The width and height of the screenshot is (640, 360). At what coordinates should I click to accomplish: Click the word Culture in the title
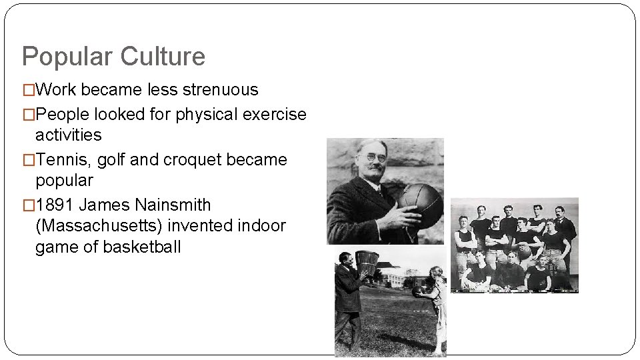[163, 57]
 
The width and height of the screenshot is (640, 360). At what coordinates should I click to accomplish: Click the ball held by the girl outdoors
[420, 292]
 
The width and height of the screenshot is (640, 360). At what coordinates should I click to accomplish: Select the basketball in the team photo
[525, 251]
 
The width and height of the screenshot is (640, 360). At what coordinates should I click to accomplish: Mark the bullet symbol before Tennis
[28, 160]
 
